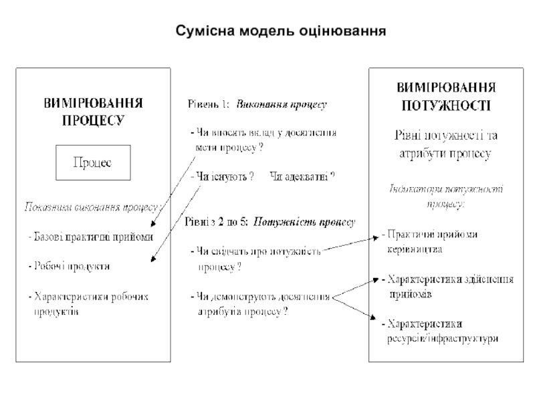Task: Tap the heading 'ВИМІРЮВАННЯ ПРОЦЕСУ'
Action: (94, 112)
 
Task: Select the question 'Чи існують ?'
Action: (221, 177)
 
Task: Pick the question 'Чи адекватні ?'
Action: (301, 177)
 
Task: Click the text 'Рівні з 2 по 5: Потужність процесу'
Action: (270, 221)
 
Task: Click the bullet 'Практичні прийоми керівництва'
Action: (432, 241)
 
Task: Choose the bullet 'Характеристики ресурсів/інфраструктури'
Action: (441, 331)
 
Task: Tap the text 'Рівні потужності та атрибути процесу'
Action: (445, 144)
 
